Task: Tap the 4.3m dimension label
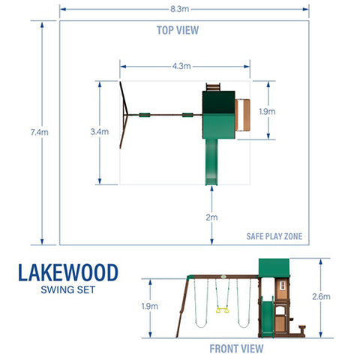coord(181,66)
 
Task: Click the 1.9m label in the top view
coord(266,110)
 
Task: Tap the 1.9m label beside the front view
coord(150,306)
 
